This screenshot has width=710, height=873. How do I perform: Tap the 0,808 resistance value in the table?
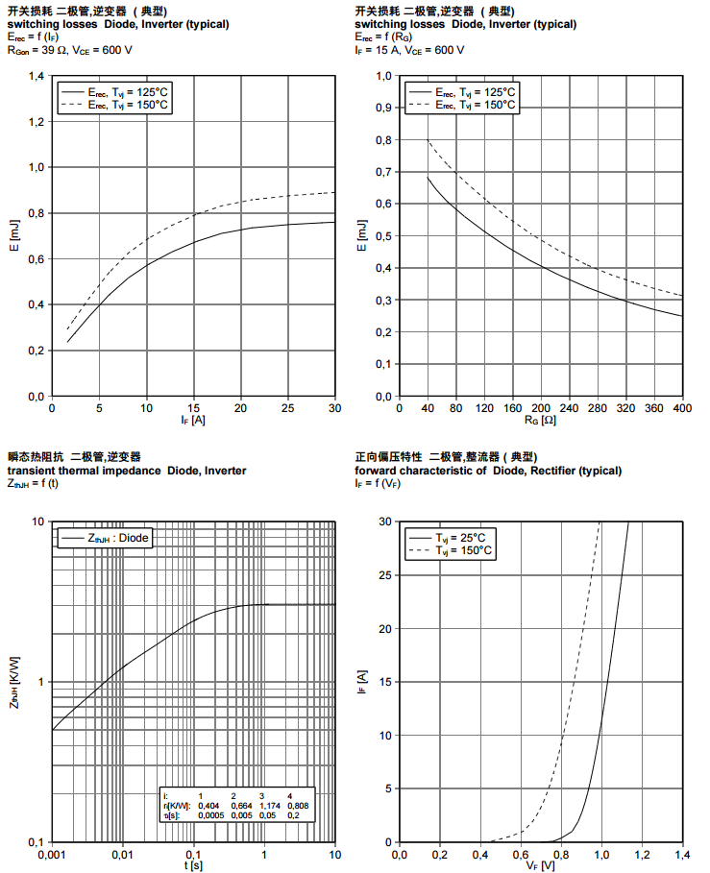(298, 805)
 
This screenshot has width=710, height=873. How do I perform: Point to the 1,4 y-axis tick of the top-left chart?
(35, 76)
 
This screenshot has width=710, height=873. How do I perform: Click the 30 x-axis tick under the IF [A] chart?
(334, 407)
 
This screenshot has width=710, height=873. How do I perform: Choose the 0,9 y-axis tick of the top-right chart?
(382, 108)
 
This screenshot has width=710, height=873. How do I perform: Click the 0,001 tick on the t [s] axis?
(51, 854)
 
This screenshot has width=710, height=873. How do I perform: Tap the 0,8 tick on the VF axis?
(561, 854)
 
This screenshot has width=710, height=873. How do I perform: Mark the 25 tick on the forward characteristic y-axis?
(386, 575)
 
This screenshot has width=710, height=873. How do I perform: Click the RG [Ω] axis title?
(541, 420)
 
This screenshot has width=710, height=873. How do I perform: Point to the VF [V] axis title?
(541, 866)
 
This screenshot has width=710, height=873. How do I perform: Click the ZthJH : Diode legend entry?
(107, 539)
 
